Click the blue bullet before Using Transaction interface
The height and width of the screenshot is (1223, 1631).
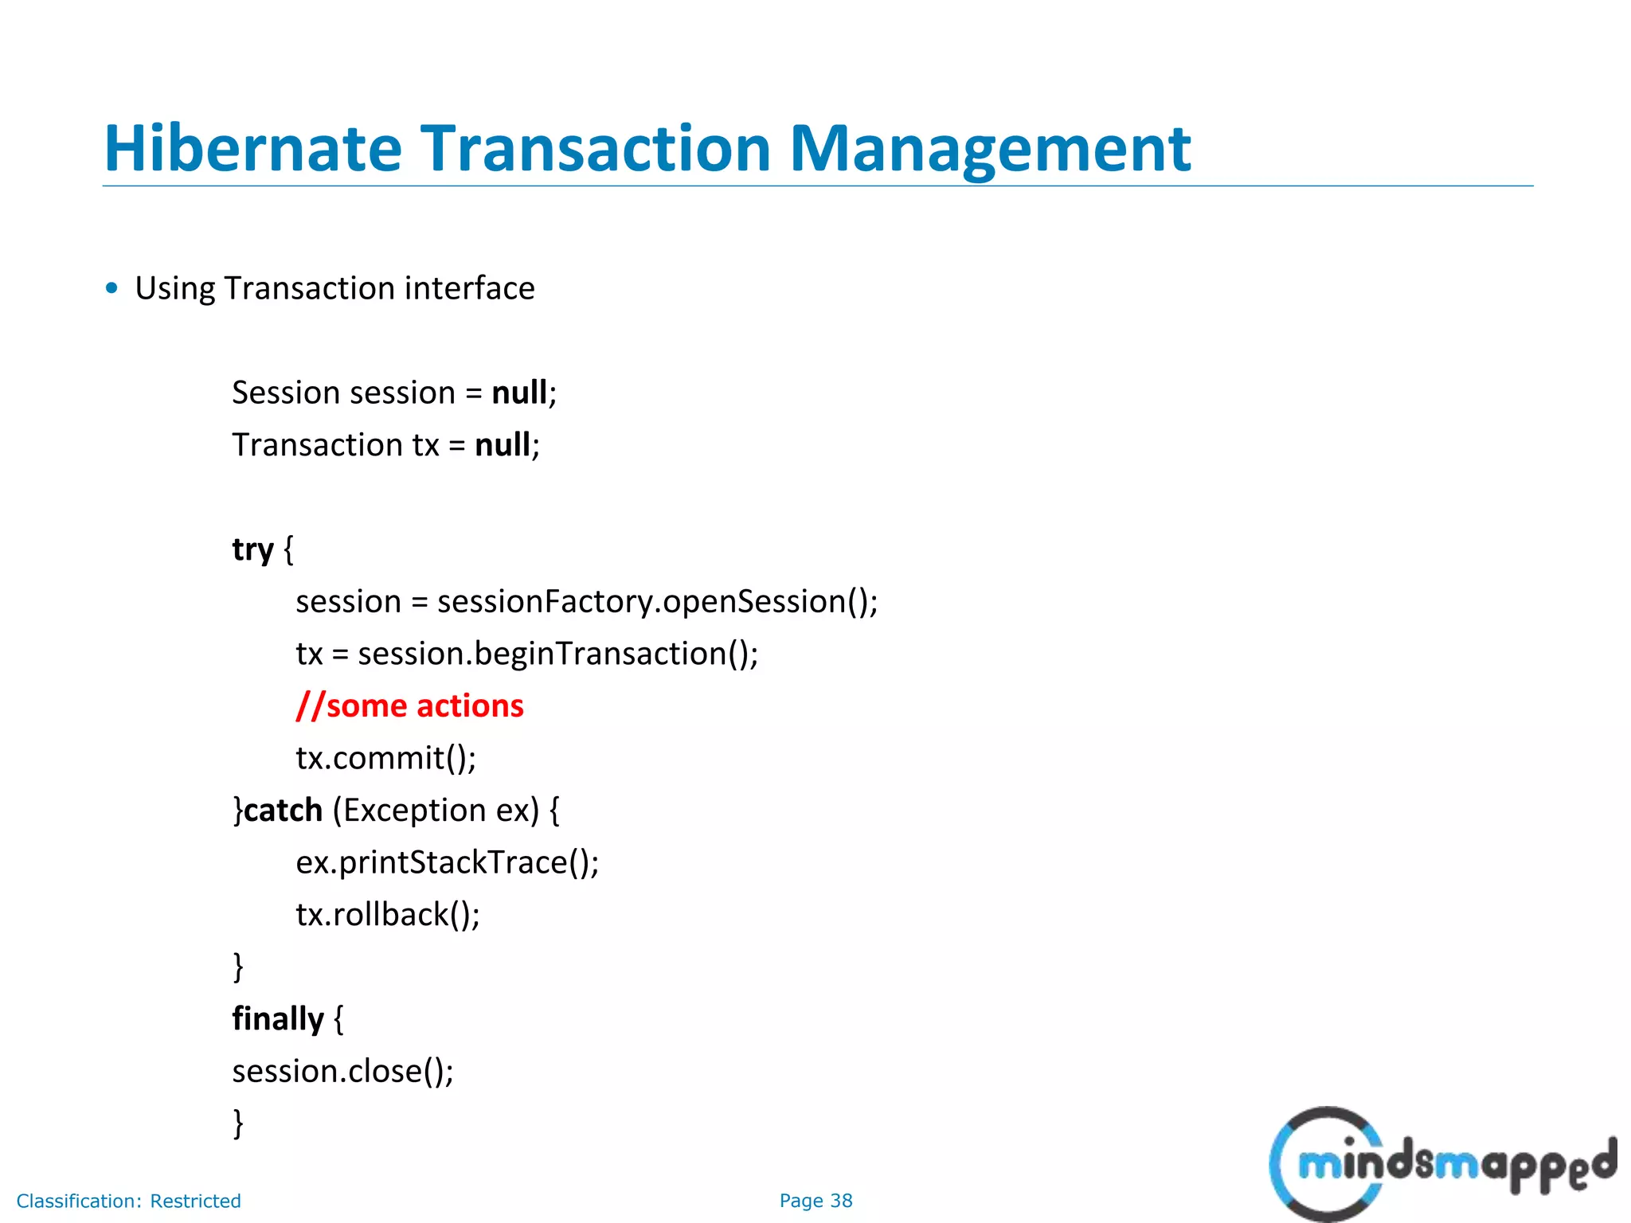111,287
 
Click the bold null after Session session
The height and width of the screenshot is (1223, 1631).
519,393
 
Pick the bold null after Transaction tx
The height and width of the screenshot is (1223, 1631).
503,444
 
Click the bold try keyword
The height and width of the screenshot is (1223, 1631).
252,549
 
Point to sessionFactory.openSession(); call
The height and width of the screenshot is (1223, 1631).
657,601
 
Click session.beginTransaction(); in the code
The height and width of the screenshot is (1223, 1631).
557,654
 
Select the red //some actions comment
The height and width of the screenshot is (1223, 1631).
409,705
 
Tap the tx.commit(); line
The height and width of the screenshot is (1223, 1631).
386,757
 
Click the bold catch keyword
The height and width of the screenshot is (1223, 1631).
283,810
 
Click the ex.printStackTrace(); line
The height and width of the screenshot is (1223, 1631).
447,862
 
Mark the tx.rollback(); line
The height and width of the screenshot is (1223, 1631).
388,914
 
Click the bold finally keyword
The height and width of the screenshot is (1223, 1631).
278,1018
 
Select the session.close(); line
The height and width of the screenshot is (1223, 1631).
342,1071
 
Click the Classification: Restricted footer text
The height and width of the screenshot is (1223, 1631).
128,1201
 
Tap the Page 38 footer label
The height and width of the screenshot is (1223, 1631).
815,1201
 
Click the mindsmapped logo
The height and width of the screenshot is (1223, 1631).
1441,1164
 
